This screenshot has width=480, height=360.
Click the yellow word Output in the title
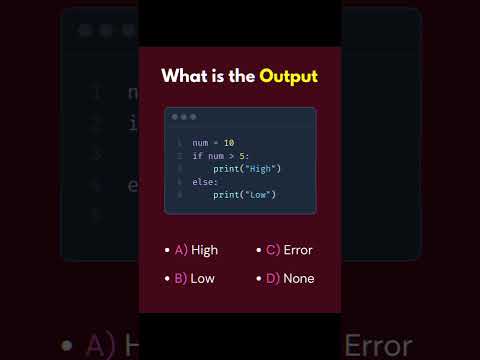[288, 77]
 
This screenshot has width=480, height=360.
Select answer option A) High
[196, 250]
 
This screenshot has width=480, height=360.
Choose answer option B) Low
[194, 279]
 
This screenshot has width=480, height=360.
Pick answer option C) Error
[289, 250]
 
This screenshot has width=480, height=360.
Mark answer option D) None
[290, 279]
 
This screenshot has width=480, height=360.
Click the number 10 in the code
[229, 143]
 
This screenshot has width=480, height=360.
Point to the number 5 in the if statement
[242, 156]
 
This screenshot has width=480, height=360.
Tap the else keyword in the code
[203, 182]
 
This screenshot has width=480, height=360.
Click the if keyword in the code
[197, 156]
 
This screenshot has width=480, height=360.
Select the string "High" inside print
[260, 169]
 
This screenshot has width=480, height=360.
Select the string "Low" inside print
[258, 195]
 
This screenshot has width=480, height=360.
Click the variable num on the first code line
[200, 143]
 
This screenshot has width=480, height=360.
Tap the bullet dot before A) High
[167, 250]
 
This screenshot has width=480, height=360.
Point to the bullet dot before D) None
[259, 278]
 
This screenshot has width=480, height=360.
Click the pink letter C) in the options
[273, 250]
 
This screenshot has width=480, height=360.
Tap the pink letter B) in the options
[181, 279]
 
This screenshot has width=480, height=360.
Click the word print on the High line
[226, 169]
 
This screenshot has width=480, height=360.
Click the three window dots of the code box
[184, 117]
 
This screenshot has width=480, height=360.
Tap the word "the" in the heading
[242, 76]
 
